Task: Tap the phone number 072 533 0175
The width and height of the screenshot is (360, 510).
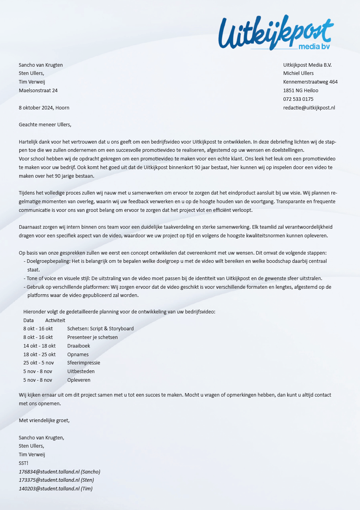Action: [298, 99]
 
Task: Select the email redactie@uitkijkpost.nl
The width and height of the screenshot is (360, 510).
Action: [309, 108]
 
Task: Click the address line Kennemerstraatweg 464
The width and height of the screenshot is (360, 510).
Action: [310, 82]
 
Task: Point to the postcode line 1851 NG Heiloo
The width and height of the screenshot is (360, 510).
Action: [301, 91]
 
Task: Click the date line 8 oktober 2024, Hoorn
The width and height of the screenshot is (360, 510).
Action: [44, 108]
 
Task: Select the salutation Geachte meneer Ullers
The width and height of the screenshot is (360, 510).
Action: [45, 125]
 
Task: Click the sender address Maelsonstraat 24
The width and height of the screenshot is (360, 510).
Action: [38, 91]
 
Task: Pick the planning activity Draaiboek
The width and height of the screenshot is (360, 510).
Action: [79, 346]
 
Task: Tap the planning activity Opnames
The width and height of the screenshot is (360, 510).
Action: [78, 355]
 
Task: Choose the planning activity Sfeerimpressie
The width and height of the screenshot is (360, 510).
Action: [84, 363]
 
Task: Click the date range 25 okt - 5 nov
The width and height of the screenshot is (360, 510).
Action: [38, 363]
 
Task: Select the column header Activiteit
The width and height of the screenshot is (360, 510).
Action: [55, 321]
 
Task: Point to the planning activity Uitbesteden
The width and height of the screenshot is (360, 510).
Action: [81, 372]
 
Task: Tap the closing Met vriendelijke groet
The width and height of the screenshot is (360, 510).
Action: [44, 421]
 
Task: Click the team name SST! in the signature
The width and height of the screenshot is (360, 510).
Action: [24, 463]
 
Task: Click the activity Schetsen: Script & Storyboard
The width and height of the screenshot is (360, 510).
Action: [100, 329]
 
